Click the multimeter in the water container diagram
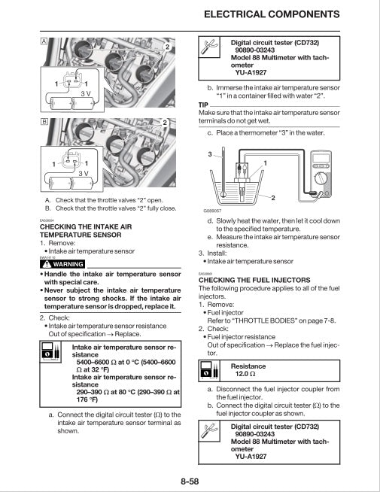click(321, 169)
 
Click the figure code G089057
click(213, 212)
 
